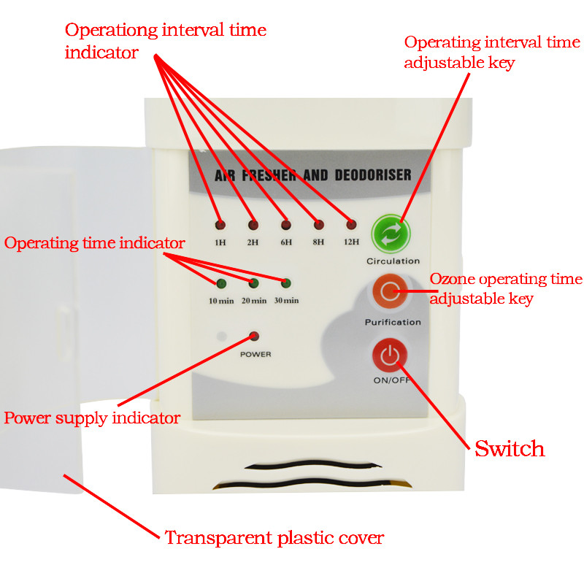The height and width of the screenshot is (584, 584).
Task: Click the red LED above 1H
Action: [220, 224]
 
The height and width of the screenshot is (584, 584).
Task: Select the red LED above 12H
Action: [351, 224]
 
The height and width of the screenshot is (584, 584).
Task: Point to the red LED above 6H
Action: [285, 224]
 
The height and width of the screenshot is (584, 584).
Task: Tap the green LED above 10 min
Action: [220, 283]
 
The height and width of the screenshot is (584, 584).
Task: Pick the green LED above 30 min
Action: [286, 283]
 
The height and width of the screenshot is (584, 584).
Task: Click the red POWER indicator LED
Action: [254, 337]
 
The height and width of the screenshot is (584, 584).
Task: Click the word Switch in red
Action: [510, 448]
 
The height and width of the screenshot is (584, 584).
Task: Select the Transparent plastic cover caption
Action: [274, 539]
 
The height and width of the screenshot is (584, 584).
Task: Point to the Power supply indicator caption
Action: [92, 418]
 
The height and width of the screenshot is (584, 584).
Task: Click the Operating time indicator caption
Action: [95, 243]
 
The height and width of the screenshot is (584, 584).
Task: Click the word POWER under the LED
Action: [255, 354]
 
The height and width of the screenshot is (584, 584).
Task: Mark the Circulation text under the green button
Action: [393, 261]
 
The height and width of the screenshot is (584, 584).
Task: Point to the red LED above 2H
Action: [253, 224]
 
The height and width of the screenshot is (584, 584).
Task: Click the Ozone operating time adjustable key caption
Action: [505, 288]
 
